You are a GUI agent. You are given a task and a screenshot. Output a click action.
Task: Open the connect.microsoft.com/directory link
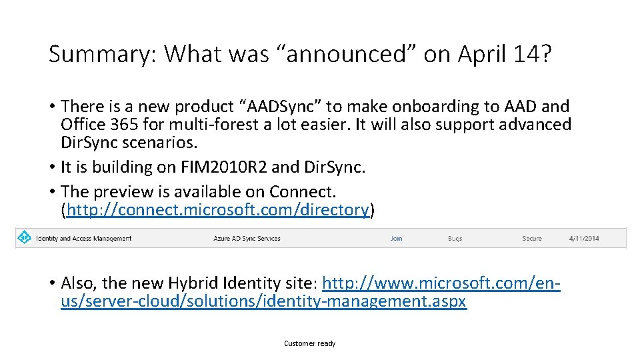217,211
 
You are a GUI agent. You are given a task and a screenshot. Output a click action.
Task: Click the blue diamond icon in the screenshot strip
25,237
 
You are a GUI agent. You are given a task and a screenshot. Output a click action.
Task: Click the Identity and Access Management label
83,238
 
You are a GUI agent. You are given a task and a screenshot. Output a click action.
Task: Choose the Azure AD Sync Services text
247,238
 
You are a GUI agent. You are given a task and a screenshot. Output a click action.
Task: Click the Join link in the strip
396,238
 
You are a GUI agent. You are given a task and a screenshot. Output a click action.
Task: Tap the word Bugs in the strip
455,238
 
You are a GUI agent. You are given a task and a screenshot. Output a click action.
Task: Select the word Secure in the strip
532,238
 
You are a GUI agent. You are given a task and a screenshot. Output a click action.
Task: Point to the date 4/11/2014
584,238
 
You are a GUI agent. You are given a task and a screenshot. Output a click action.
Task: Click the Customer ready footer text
310,343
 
